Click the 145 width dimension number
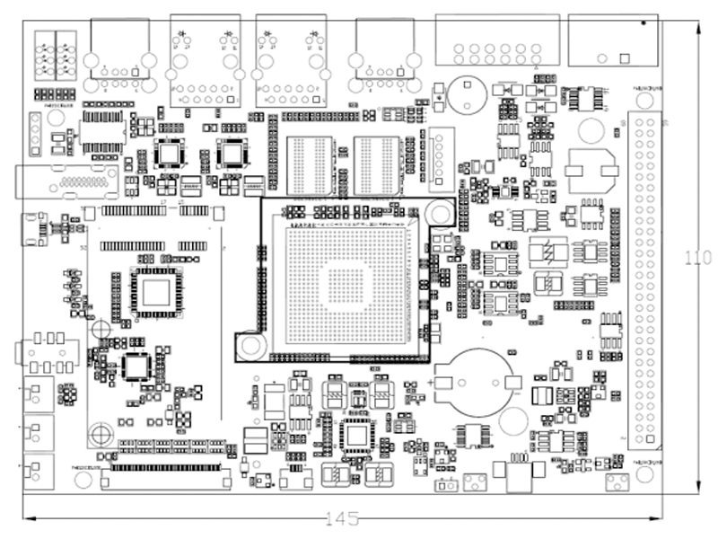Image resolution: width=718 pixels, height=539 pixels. click(342, 518)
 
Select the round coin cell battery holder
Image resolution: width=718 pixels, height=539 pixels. click(475, 382)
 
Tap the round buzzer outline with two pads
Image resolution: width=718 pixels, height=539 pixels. click(467, 93)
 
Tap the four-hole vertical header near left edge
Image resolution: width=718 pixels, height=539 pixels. click(35, 134)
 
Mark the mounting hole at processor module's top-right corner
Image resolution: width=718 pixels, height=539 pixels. click(438, 213)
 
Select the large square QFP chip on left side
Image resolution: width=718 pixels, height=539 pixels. click(157, 292)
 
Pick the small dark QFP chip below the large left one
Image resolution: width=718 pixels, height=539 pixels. click(136, 366)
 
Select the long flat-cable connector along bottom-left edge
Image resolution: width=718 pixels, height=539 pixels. click(164, 468)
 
